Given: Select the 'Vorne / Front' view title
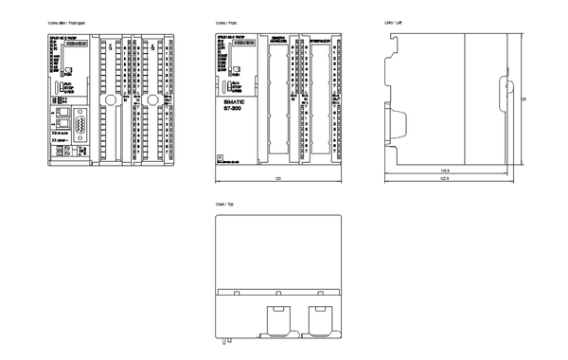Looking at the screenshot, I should [229, 21].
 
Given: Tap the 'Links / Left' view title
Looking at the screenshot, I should [389, 21].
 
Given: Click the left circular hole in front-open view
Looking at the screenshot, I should [111, 99].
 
